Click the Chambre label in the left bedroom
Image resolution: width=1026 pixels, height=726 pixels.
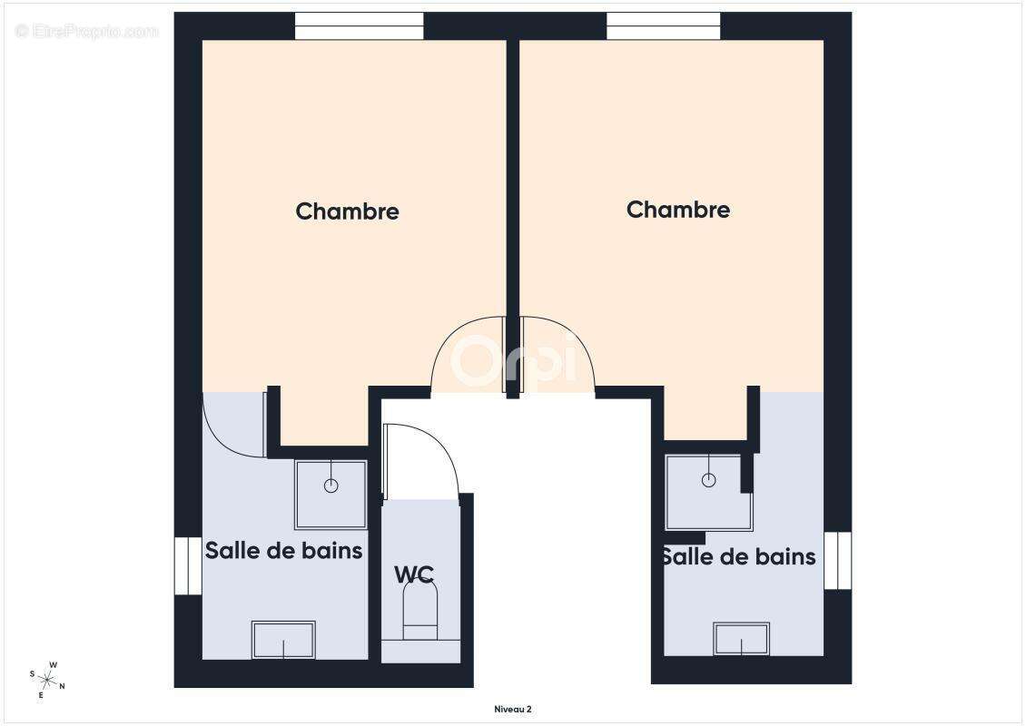347,211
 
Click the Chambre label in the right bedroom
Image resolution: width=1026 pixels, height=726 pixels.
677,210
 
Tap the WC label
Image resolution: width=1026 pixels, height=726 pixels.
413,574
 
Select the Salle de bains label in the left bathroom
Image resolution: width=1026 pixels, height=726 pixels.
283,550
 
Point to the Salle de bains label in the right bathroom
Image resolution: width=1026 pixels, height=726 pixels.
738,556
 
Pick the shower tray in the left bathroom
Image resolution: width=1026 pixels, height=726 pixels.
330,495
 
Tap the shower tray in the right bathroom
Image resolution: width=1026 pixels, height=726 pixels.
708,492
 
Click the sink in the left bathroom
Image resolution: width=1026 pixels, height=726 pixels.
283,639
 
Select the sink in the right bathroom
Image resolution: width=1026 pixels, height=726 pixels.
741,638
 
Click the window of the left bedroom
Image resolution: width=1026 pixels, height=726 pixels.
360,26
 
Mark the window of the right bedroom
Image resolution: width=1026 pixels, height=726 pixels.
663,26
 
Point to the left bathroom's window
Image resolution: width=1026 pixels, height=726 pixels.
187,565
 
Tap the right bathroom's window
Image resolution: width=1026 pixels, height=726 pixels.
837,560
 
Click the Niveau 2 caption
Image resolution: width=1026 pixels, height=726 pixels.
512,709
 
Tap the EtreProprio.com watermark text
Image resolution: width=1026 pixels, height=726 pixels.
87,32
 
